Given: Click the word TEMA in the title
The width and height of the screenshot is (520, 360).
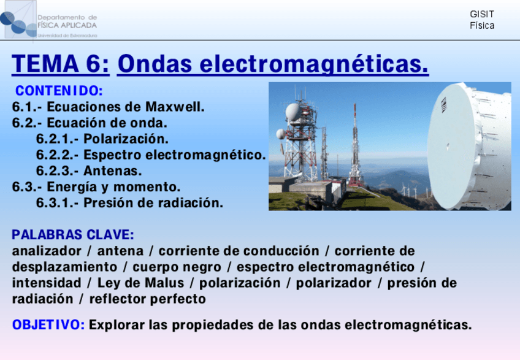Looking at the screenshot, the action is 45,64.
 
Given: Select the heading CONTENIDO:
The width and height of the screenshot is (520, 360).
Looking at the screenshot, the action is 59,91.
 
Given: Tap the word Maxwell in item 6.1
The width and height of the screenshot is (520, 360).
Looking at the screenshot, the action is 175,107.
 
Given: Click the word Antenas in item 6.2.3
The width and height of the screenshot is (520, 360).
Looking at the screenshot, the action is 112,171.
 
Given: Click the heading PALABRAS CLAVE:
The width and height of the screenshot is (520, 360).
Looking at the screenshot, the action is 73,234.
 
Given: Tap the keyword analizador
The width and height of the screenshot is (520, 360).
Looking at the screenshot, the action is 47,251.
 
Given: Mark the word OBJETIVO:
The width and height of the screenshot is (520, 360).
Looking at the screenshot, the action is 48,325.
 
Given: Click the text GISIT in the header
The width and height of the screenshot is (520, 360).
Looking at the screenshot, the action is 482,14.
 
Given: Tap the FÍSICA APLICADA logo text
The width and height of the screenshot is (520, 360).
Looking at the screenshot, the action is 67,25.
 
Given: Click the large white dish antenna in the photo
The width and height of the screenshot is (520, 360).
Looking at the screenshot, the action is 469,147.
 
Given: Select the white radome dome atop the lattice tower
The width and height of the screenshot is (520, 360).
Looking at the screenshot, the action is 293,112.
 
